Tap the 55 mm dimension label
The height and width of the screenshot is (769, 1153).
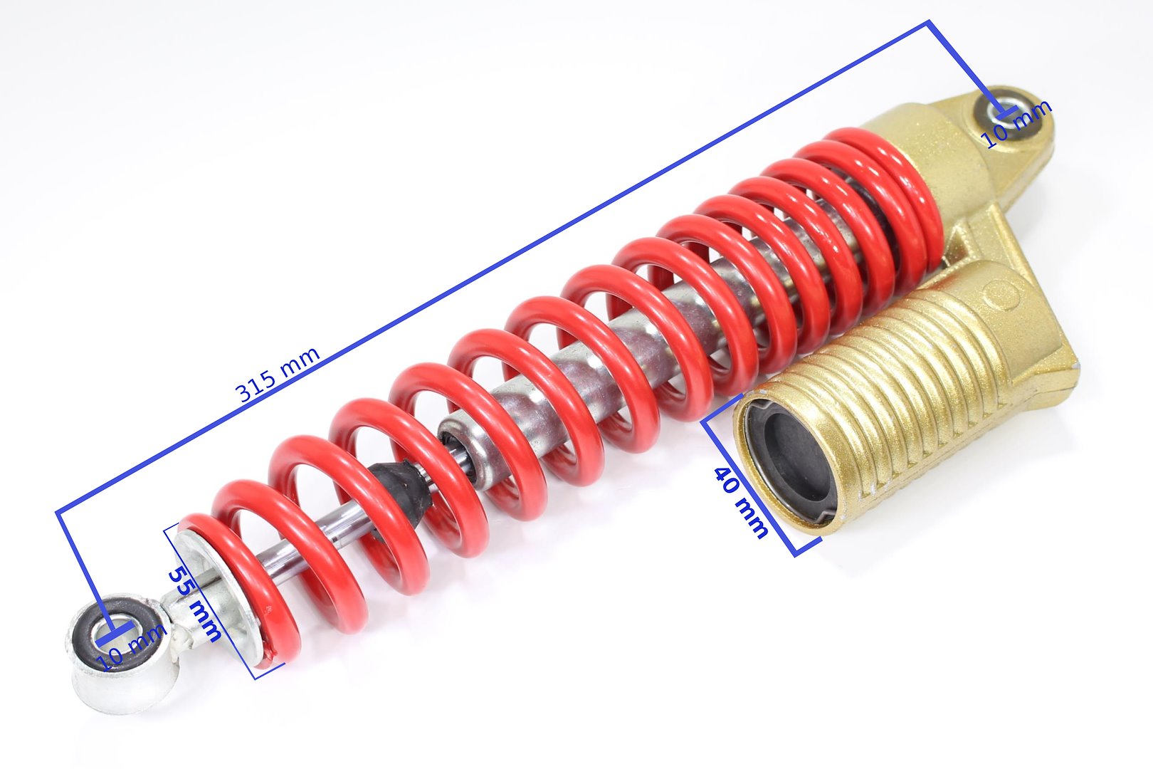tap(194, 604)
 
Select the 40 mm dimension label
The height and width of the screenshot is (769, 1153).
tap(741, 501)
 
